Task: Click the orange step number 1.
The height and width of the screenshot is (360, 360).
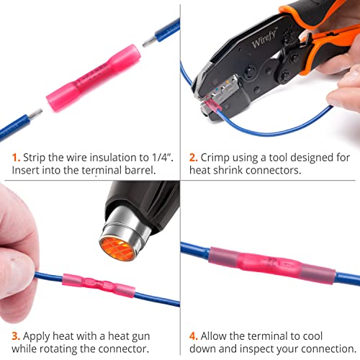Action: [14, 156]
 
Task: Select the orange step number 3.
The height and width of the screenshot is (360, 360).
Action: [14, 336]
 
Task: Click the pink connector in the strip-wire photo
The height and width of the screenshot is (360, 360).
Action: [88, 77]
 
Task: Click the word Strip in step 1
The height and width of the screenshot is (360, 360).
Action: [36, 156]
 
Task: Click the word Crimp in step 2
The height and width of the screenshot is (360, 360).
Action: [218, 156]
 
